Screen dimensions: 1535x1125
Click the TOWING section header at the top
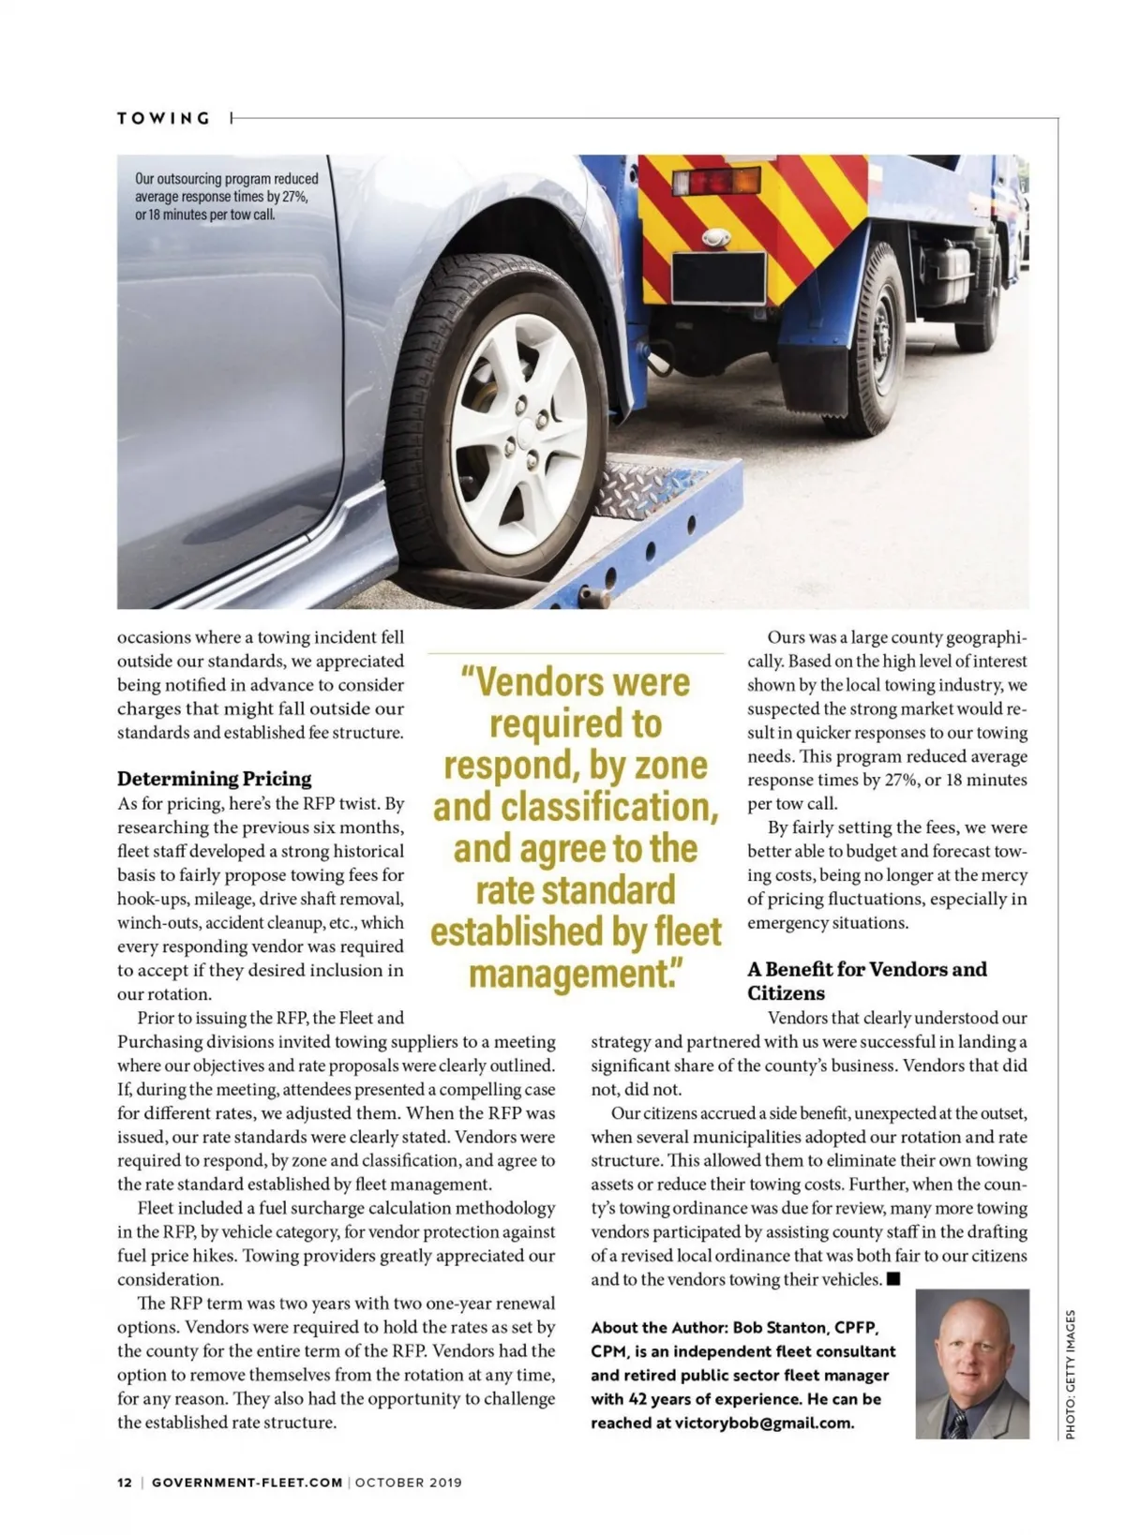(x=164, y=118)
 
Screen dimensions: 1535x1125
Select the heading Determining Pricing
(x=214, y=779)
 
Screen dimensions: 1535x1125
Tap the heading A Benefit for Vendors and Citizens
(x=866, y=981)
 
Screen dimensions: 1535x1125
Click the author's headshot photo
(x=971, y=1364)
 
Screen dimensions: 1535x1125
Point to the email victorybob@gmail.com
(x=763, y=1423)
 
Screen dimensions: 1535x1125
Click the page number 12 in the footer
(x=125, y=1483)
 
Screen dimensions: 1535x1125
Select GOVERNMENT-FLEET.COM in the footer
(x=247, y=1483)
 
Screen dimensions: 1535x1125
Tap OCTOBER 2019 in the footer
(x=408, y=1483)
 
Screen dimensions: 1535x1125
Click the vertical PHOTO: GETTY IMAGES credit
(x=1071, y=1373)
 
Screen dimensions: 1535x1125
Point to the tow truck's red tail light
(x=715, y=181)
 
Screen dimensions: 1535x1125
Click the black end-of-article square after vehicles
(x=893, y=1279)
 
